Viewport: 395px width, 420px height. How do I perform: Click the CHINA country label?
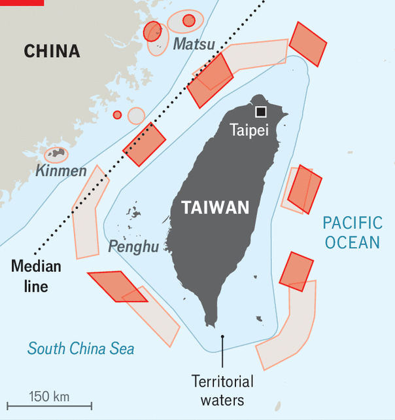[x=52, y=51]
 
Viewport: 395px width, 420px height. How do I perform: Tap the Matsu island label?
[x=194, y=45]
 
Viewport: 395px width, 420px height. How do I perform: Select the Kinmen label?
[x=61, y=172]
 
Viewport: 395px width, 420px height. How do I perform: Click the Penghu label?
[x=133, y=247]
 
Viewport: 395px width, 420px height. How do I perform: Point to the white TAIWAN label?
[x=215, y=208]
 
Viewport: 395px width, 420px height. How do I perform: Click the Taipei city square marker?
[x=261, y=112]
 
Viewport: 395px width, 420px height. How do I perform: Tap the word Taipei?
[x=249, y=130]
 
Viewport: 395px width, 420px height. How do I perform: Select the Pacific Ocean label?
[x=352, y=233]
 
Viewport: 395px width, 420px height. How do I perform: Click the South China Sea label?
[x=80, y=348]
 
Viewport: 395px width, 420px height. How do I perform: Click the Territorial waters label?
[x=222, y=390]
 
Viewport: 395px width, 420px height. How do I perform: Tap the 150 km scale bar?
[x=49, y=406]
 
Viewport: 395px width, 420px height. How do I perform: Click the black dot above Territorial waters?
[x=222, y=337]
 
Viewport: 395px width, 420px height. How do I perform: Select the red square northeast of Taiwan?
[x=307, y=44]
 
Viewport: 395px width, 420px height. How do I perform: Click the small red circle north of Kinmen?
[x=117, y=115]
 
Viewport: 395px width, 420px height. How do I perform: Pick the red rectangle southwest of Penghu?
[x=117, y=286]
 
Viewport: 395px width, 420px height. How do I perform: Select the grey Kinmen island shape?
[x=56, y=155]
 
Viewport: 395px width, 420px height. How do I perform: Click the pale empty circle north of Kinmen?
[x=136, y=116]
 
